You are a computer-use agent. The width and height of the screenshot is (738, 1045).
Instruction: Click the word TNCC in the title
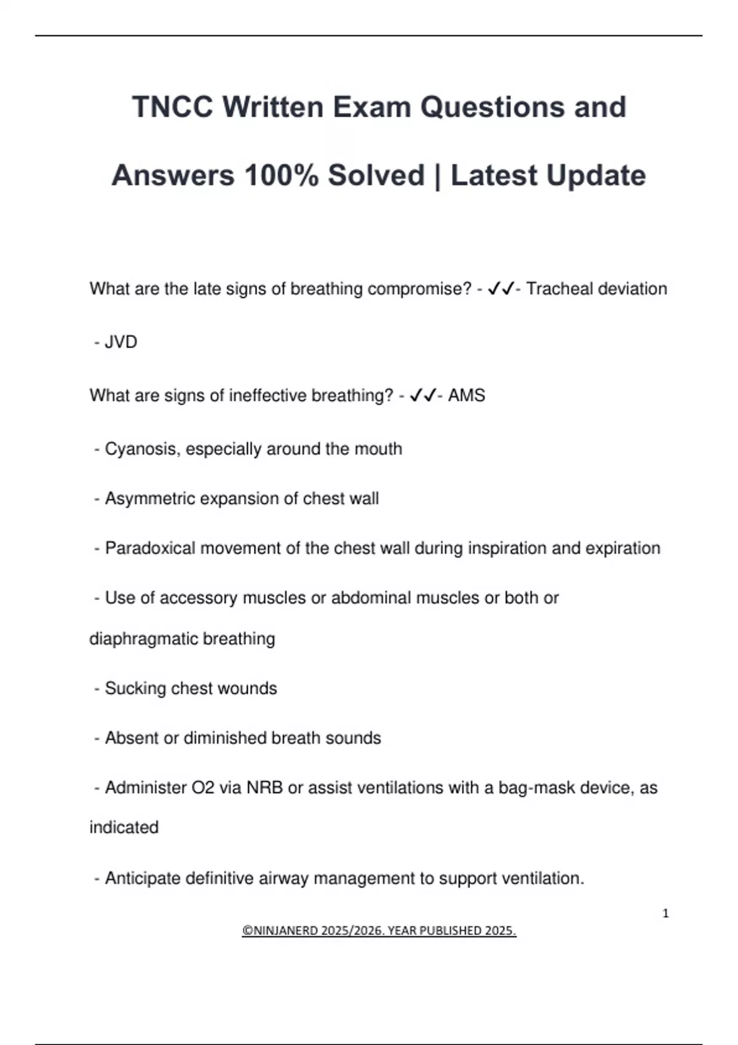tap(172, 107)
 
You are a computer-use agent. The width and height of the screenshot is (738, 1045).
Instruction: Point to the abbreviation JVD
tap(121, 342)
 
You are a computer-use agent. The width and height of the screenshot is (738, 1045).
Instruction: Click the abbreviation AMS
tap(466, 395)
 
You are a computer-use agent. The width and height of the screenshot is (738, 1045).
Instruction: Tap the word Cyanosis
tap(142, 449)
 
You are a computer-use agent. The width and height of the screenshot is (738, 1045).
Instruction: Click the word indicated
tap(124, 827)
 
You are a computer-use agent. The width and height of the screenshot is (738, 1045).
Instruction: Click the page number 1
tap(665, 913)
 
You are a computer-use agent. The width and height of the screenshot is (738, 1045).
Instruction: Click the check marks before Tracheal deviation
tap(500, 289)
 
